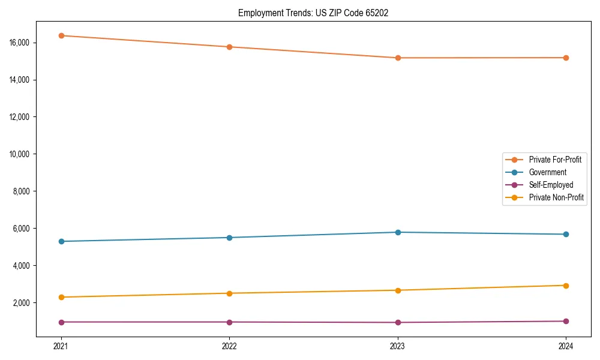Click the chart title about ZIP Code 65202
313,13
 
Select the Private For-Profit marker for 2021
61,35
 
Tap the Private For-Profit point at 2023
398,58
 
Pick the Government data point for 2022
229,238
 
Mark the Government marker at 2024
566,234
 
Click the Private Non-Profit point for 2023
398,290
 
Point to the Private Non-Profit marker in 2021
61,297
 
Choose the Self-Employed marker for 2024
566,321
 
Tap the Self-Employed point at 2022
229,322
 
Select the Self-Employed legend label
551,185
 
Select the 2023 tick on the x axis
398,346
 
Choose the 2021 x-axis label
61,346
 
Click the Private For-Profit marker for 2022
229,47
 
